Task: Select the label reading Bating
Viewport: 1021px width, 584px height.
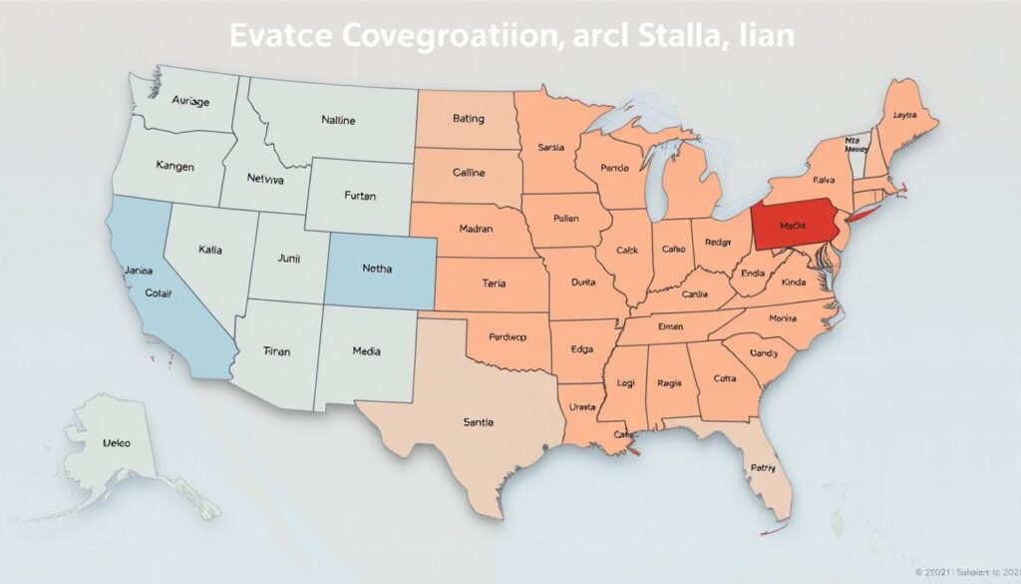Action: [x=468, y=119]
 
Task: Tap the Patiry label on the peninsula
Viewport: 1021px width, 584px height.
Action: [x=763, y=467]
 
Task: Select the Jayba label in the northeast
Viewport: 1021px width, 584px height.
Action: [x=904, y=115]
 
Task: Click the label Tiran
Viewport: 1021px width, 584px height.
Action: [x=277, y=351]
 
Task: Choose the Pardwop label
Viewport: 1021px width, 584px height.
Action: [x=494, y=337]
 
